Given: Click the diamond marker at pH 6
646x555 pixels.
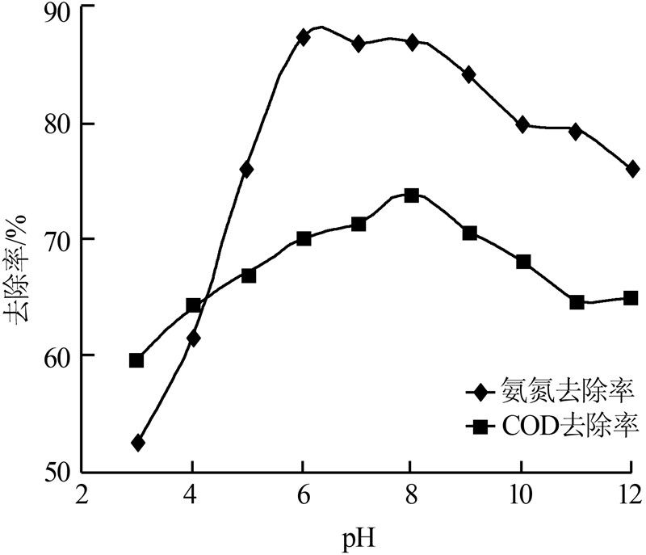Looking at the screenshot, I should [x=304, y=37].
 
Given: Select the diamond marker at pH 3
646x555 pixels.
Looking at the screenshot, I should [x=137, y=443].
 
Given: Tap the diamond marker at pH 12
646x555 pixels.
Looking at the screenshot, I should [x=631, y=169].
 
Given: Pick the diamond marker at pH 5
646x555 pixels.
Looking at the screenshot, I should [x=247, y=170].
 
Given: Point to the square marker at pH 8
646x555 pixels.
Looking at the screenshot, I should [x=411, y=196].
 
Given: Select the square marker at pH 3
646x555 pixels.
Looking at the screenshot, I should [x=136, y=360].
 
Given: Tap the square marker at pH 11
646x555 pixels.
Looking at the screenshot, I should [x=577, y=302].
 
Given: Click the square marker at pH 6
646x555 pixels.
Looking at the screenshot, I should [x=304, y=238].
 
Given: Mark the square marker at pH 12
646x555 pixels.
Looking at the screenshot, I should [x=631, y=297].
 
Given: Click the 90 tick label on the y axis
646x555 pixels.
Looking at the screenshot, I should [x=61, y=8].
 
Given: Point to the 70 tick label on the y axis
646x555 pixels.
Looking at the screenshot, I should [x=61, y=240].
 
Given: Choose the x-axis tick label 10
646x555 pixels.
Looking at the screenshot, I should [x=521, y=494].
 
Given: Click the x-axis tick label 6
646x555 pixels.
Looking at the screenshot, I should [x=302, y=494].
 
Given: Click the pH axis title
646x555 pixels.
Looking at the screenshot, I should [x=356, y=535].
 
